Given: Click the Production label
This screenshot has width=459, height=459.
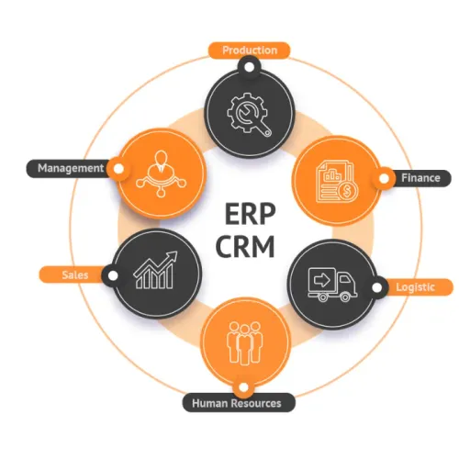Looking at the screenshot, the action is pos(250,50).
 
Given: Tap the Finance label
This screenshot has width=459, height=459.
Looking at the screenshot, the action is pos(420,178).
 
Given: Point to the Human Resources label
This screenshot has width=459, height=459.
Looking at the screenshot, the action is pos(237,403).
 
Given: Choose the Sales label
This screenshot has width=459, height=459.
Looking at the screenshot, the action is pos(75,274).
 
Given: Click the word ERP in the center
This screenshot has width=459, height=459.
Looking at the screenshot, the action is pos(251,214).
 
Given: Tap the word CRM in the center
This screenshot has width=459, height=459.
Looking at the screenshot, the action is pos(246,247).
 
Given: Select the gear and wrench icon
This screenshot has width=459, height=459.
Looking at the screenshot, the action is pos(249,115).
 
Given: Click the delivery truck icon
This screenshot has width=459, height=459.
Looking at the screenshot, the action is pos(332,285).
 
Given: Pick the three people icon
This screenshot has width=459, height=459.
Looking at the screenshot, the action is pos(244,342).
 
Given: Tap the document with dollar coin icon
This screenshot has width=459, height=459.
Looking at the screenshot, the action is pos(338,182).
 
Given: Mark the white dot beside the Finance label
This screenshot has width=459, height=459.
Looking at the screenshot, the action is pos(384,178).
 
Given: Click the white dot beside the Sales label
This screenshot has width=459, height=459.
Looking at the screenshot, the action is pos(113,275).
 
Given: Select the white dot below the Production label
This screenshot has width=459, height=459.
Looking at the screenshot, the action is pos(250,67).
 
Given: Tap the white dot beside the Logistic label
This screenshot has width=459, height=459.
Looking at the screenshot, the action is pos(377,287).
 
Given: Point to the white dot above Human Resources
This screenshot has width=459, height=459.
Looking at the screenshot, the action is pos(243,387).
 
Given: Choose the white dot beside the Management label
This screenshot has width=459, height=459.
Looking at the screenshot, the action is pos(118,169).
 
